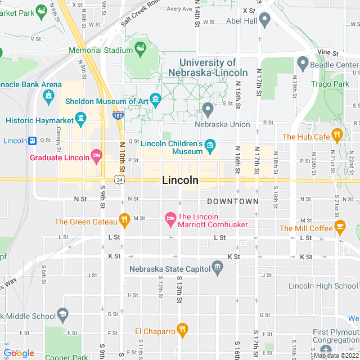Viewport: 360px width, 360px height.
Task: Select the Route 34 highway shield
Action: click(119, 179)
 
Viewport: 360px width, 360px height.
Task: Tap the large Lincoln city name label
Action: click(180, 181)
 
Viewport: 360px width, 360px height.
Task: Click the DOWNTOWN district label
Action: click(232, 201)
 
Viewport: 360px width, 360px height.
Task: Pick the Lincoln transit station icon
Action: click(33, 140)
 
